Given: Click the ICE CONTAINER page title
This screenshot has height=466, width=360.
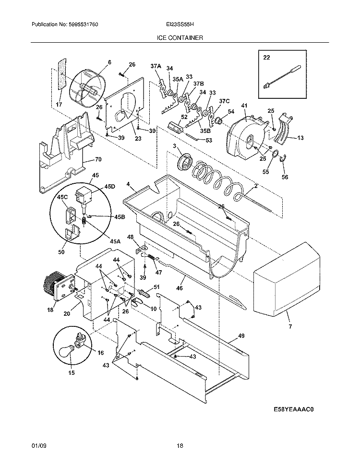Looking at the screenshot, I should point(180,37).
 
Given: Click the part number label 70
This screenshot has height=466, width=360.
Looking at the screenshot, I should point(98,159).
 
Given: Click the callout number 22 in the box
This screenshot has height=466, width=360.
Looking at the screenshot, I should point(267,57).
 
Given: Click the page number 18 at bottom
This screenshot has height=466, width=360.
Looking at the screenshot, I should point(180,446).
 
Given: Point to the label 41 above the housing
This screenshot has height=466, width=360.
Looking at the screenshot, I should point(244,106).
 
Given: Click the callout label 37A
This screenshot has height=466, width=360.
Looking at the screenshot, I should point(156,66).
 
